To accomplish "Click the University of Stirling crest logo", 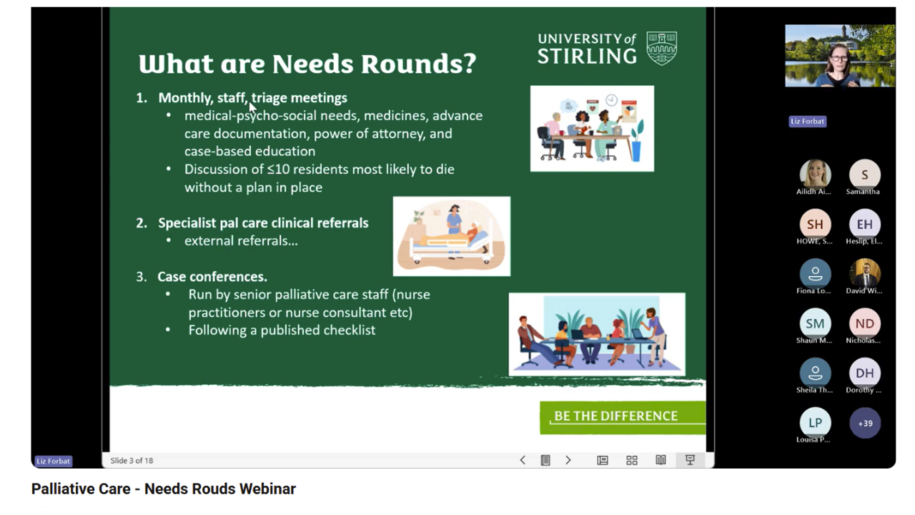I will point(661,48).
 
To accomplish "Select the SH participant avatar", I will point(815,225).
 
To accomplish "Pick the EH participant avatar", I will point(864,225).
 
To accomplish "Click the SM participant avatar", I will point(815,323).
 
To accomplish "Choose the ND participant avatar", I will point(864,323).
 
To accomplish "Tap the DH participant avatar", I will point(864,373).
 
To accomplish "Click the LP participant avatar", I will point(815,422).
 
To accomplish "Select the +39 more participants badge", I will point(864,423).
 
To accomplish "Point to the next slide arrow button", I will point(568,461).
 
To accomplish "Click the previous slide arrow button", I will point(523,461).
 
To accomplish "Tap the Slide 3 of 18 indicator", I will point(132,461).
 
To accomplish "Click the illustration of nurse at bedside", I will point(452,236).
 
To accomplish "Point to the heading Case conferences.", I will point(212,277).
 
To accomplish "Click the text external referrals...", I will point(241,241).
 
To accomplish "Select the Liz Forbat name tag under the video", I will point(807,122).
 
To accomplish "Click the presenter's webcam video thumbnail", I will point(839,56).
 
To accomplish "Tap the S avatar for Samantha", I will point(864,175).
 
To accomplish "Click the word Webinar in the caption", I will point(267,489).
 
